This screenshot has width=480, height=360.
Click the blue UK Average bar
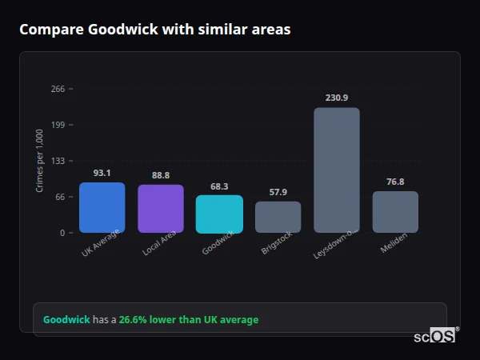pyautogui.click(x=102, y=208)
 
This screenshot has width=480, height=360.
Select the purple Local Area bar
pyautogui.click(x=161, y=209)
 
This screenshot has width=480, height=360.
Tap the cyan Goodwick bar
pyautogui.click(x=219, y=214)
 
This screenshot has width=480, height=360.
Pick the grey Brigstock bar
pyautogui.click(x=278, y=217)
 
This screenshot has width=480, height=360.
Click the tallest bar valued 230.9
pyautogui.click(x=337, y=170)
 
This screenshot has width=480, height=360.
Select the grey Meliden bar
pyautogui.click(x=395, y=212)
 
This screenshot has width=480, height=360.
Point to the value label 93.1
pyautogui.click(x=102, y=173)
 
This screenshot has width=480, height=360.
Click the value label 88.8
pyautogui.click(x=161, y=175)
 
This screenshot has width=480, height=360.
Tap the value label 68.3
pyautogui.click(x=219, y=186)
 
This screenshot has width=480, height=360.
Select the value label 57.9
pyautogui.click(x=278, y=192)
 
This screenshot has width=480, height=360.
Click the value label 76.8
pyautogui.click(x=395, y=182)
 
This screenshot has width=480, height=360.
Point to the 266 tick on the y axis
pyautogui.click(x=58, y=89)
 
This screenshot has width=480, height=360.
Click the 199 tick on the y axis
pyautogui.click(x=58, y=125)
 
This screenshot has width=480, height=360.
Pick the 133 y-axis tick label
pyautogui.click(x=58, y=161)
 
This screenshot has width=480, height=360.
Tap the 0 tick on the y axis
pyautogui.click(x=62, y=233)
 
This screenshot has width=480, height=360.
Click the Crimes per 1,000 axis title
pyautogui.click(x=40, y=161)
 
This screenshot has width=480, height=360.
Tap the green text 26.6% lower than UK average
pyautogui.click(x=189, y=320)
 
